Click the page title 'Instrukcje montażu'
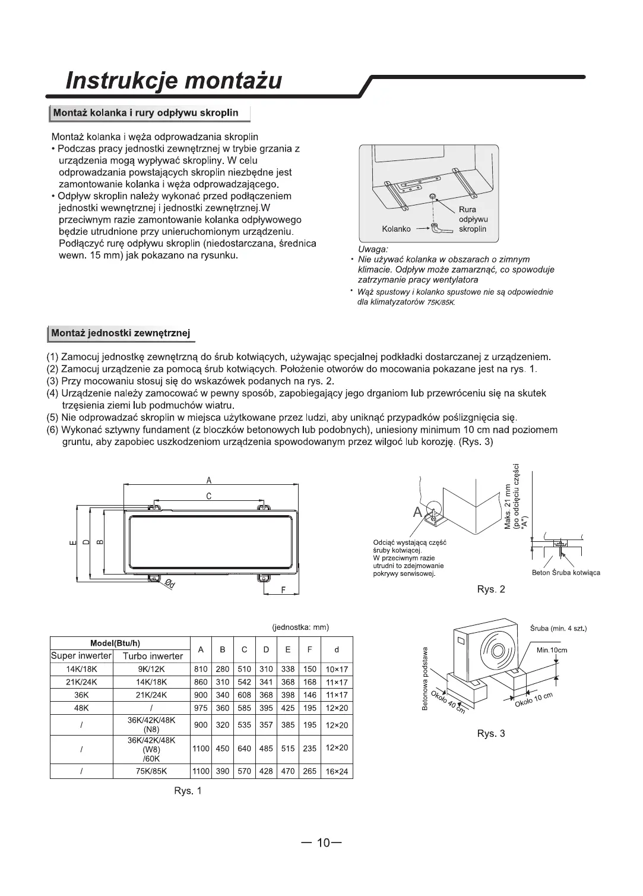click(x=174, y=81)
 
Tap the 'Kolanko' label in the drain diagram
click(x=397, y=229)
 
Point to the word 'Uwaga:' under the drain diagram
click(x=373, y=250)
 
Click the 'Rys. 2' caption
click(x=491, y=589)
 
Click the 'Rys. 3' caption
click(x=491, y=733)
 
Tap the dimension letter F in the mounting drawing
click(x=283, y=590)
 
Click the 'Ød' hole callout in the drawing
click(x=170, y=585)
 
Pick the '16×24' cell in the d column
click(x=337, y=772)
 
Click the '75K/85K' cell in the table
click(x=151, y=772)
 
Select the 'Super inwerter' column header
click(x=81, y=656)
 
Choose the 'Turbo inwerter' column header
click(x=152, y=657)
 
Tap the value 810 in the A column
click(x=201, y=669)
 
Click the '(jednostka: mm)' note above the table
click(x=300, y=627)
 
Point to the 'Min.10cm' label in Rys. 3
click(x=552, y=650)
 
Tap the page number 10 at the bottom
click(x=322, y=843)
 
